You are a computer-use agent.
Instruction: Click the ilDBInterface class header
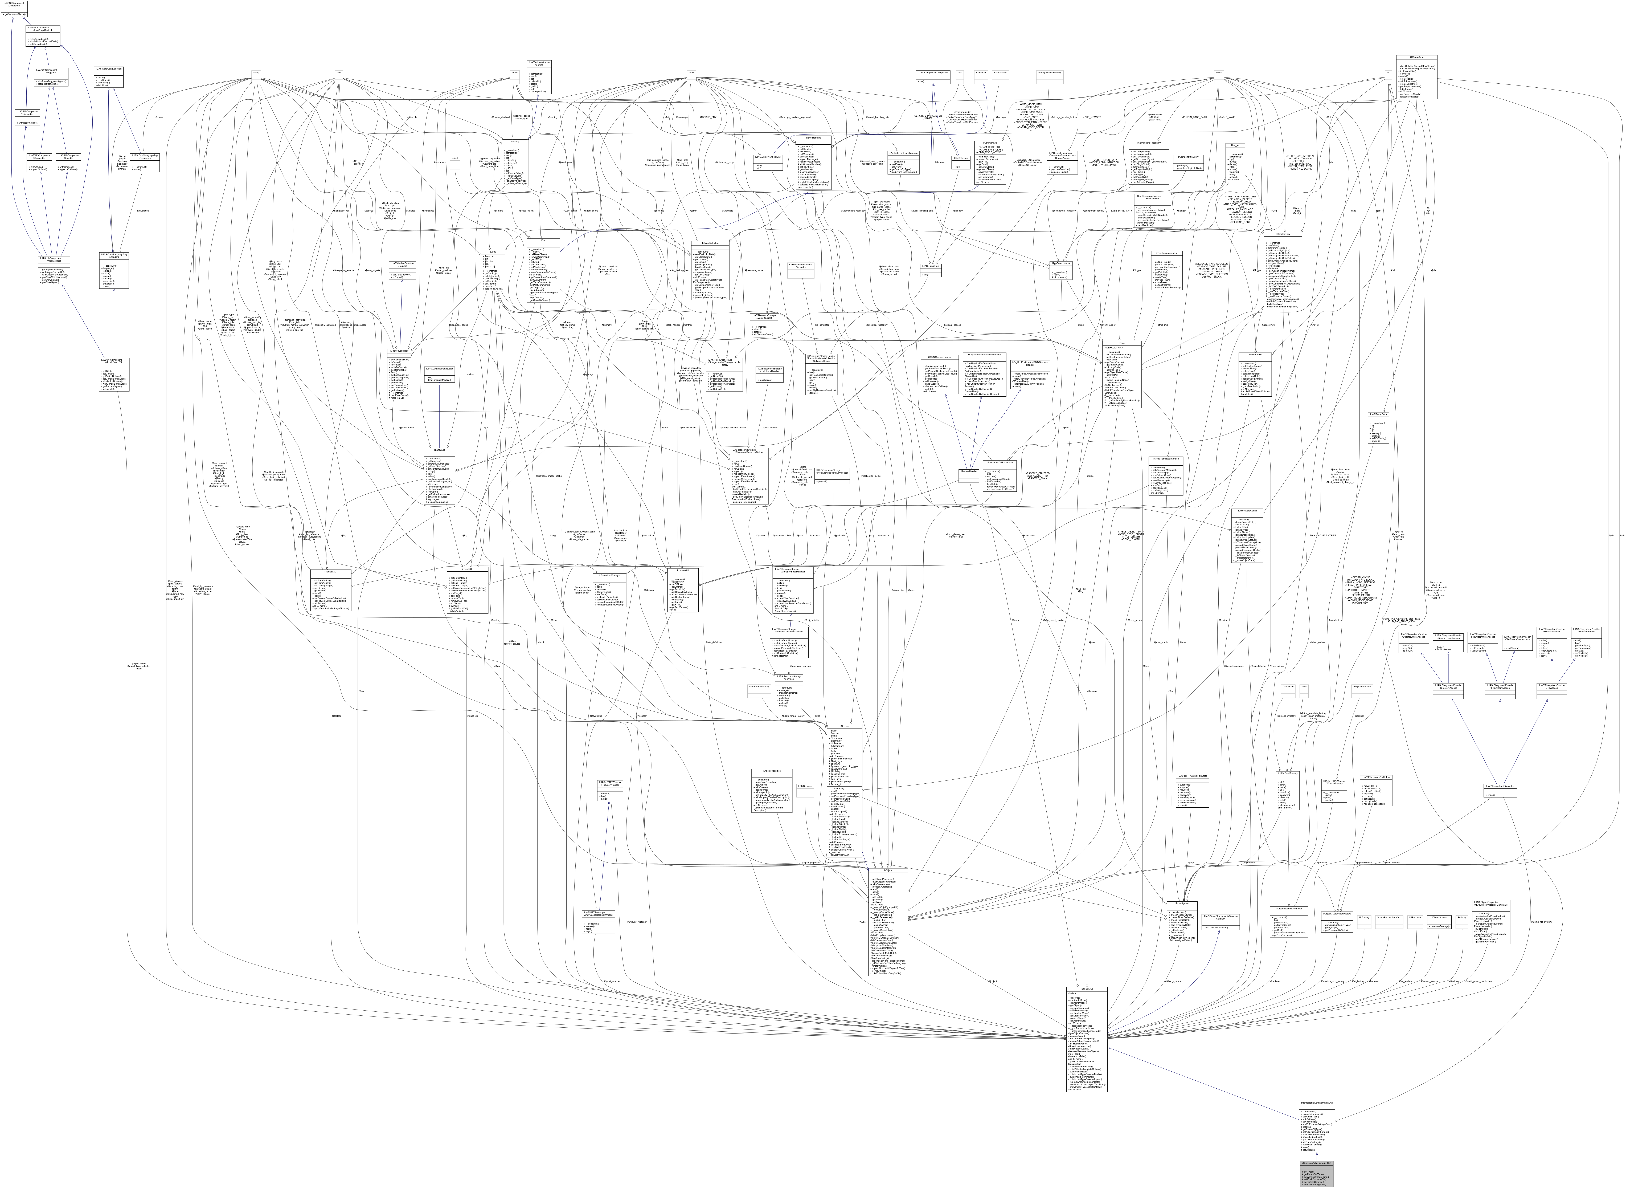coord(1416,57)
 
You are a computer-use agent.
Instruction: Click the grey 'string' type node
coord(255,72)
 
